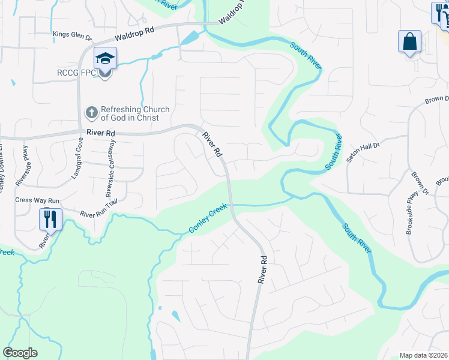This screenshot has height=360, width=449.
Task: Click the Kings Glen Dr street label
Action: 73,37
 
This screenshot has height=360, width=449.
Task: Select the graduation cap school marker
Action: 105,59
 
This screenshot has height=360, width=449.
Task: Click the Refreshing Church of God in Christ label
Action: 135,113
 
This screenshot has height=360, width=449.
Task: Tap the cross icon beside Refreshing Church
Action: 91,112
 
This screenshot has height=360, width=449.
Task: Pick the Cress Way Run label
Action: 37,200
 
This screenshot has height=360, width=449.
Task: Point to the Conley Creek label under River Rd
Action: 208,220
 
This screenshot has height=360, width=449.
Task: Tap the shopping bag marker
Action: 409,42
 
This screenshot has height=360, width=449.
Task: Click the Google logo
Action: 20,353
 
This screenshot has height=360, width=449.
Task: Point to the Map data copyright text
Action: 424,355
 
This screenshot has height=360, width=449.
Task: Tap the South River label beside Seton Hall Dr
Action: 335,152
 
